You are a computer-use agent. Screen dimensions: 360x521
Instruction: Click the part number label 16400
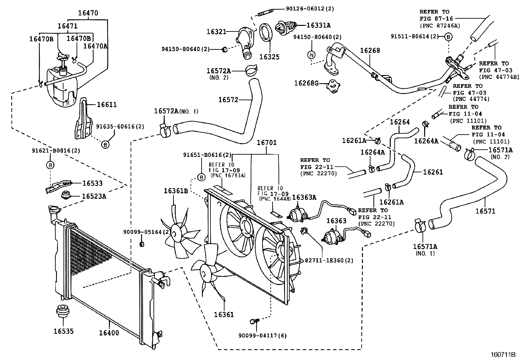(x=109, y=333)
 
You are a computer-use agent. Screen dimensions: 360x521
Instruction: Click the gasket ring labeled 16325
(x=266, y=33)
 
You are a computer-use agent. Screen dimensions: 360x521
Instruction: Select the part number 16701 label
(x=266, y=142)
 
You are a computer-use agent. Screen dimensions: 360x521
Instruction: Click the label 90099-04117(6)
(x=263, y=335)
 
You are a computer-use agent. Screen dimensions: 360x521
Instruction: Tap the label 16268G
(x=306, y=83)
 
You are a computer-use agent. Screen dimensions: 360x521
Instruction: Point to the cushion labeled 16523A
(x=67, y=196)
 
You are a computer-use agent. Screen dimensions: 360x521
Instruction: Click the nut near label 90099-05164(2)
(x=142, y=244)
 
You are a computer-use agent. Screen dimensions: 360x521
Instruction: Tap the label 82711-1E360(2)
(x=324, y=260)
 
